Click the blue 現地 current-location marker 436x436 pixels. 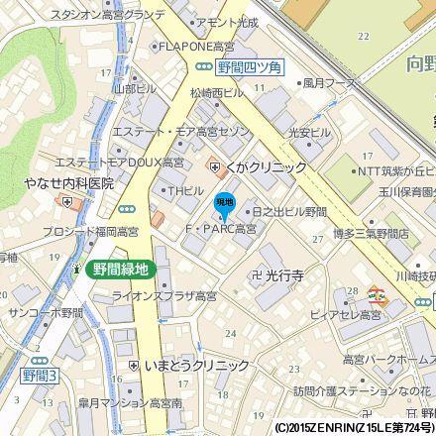225,205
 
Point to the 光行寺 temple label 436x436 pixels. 282,274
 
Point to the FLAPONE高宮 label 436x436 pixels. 196,46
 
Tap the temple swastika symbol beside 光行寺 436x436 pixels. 256,274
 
